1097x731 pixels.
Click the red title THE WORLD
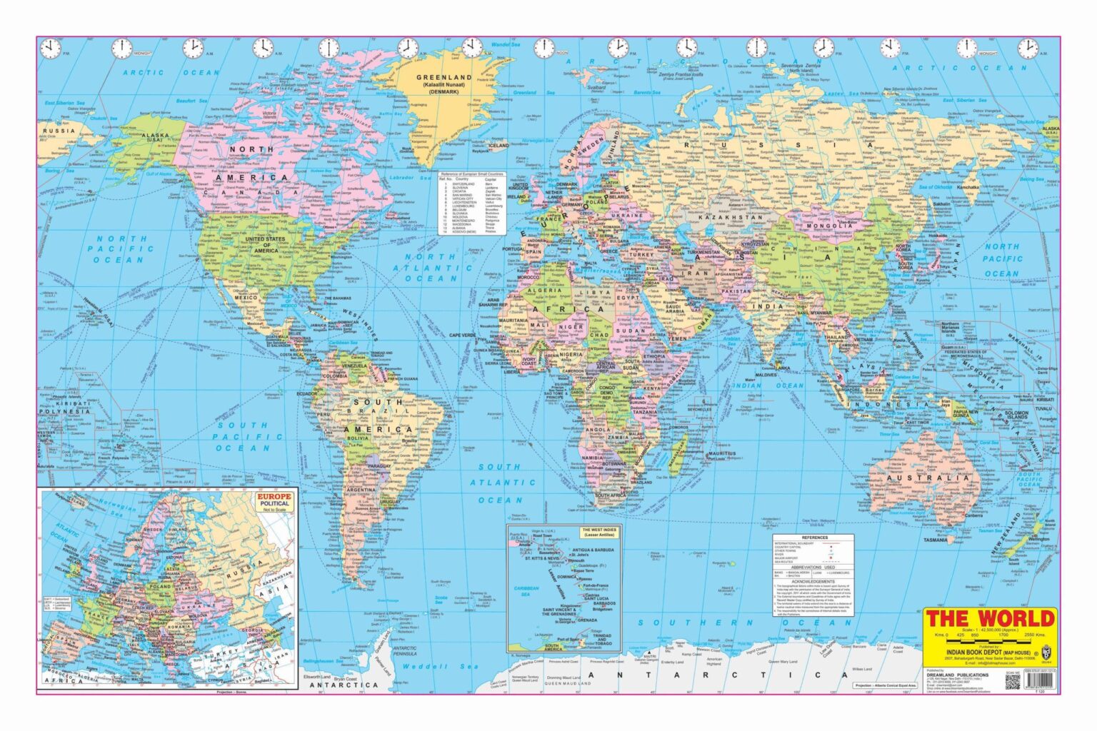990,618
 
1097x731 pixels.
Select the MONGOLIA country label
826,226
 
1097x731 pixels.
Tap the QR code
1013,681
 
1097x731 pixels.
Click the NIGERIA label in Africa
571,354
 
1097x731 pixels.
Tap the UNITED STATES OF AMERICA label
261,243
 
